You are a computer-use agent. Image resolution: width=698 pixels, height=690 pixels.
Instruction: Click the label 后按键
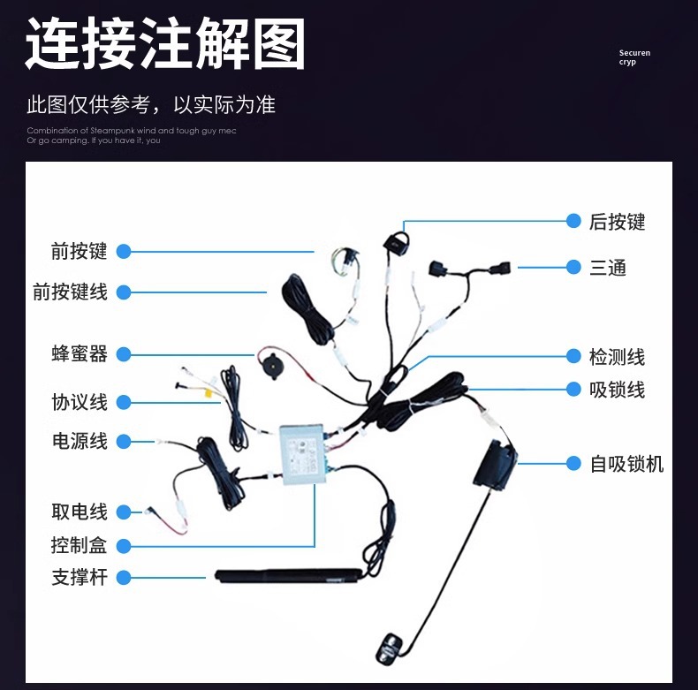tap(618, 222)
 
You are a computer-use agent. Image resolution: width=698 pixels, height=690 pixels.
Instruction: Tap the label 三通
tap(608, 267)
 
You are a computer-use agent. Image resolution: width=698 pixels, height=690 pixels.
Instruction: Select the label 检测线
tap(618, 357)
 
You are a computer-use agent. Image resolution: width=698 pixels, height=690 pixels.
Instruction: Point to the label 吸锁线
tap(618, 390)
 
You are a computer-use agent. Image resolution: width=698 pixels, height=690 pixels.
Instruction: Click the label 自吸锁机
tap(626, 464)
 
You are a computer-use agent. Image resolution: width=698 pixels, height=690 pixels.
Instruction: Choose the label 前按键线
tap(70, 292)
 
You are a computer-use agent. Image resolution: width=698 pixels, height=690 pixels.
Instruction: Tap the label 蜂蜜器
tap(80, 354)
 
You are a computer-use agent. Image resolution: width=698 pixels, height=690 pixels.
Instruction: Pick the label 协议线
tap(80, 402)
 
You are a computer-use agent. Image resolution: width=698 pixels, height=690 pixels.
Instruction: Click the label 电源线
tap(80, 441)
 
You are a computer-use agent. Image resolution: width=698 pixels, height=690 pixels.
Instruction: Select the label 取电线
tap(80, 512)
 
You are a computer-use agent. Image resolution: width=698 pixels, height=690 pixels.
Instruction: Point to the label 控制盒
tap(80, 544)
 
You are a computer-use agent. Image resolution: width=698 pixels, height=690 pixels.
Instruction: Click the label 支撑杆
tap(80, 578)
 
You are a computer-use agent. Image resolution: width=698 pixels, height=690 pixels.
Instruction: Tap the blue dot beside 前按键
tap(124, 252)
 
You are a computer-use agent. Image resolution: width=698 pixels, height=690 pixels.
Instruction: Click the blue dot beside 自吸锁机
tap(573, 463)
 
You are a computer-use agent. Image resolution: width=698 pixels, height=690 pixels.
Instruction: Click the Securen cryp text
tap(634, 57)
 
